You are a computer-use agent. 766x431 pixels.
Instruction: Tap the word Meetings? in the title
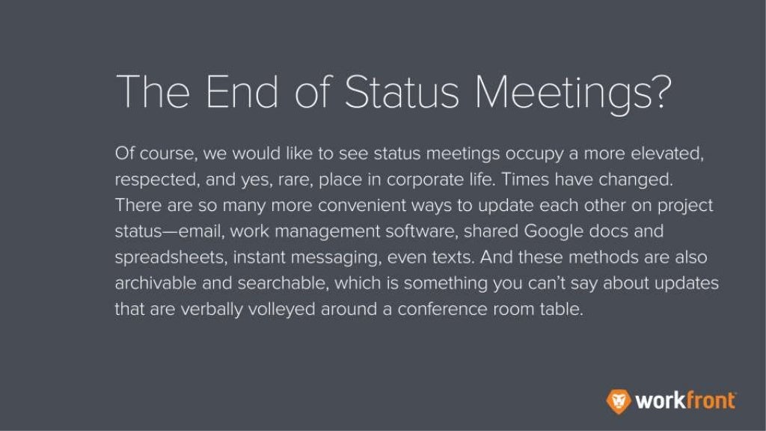[x=574, y=94]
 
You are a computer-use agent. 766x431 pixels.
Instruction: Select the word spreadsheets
[x=170, y=257]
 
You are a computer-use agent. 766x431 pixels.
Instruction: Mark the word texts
[x=448, y=257]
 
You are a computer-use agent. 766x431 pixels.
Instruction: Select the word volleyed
[x=281, y=309]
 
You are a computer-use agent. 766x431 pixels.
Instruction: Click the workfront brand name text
[x=684, y=400]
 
